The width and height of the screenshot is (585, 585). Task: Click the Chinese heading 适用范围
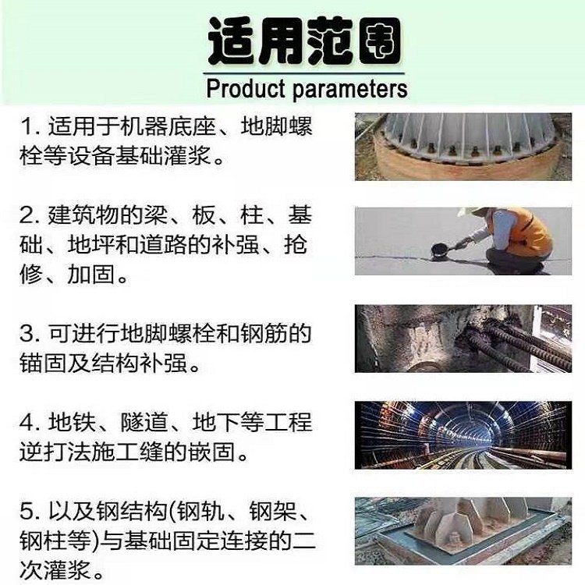tap(303, 39)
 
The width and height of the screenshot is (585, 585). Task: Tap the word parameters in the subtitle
tap(350, 89)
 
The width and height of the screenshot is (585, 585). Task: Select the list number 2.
tap(28, 214)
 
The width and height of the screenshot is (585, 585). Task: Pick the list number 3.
tap(28, 335)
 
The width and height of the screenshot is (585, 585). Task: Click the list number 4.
tap(28, 424)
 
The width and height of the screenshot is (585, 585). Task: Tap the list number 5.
tap(28, 512)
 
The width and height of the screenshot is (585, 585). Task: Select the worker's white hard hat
tap(471, 211)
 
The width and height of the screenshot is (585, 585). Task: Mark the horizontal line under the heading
tap(303, 72)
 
